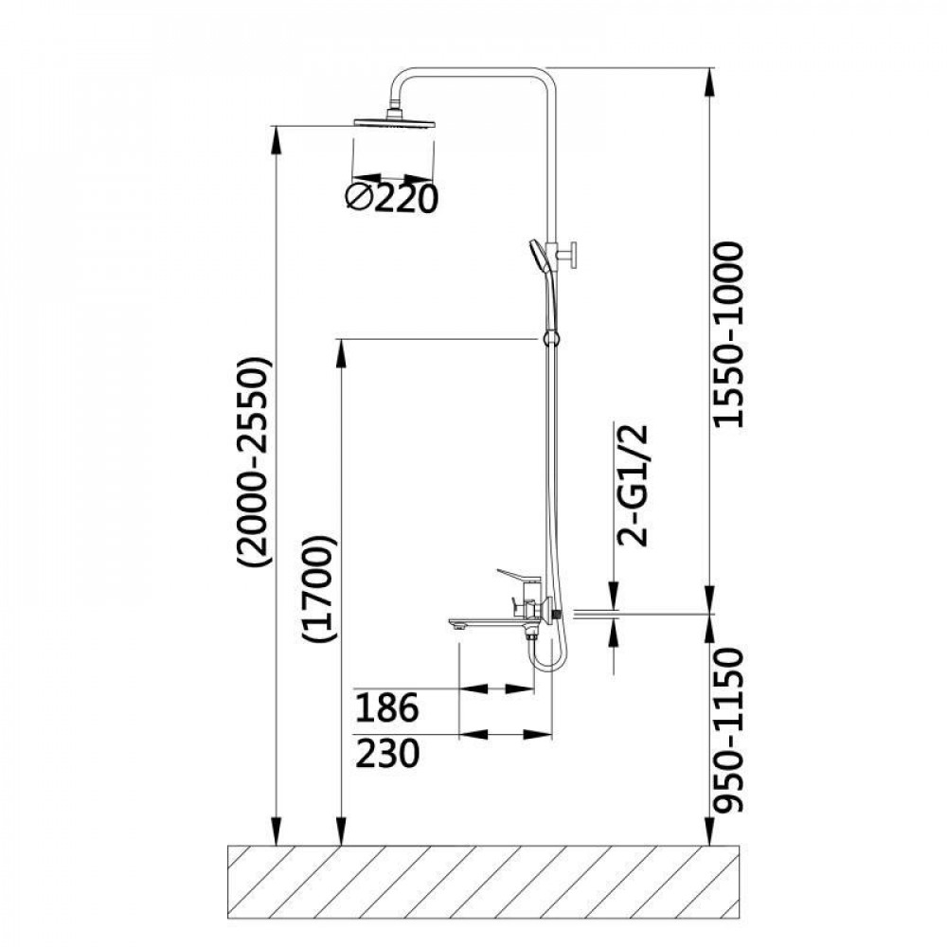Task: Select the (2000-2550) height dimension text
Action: point(256,463)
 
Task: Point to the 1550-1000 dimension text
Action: point(729,334)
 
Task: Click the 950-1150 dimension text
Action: point(729,730)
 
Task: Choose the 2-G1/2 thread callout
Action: point(634,484)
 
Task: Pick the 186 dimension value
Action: point(385,706)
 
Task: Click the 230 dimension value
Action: point(385,754)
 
